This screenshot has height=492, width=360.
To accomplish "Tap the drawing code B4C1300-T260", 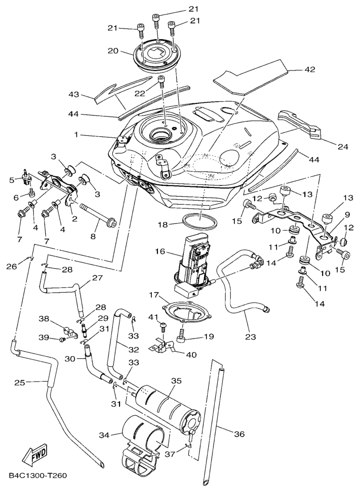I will pos(38,476).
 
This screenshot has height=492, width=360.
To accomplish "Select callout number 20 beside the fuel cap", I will pos(112,51).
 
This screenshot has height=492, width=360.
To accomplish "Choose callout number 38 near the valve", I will pos(44,319).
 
